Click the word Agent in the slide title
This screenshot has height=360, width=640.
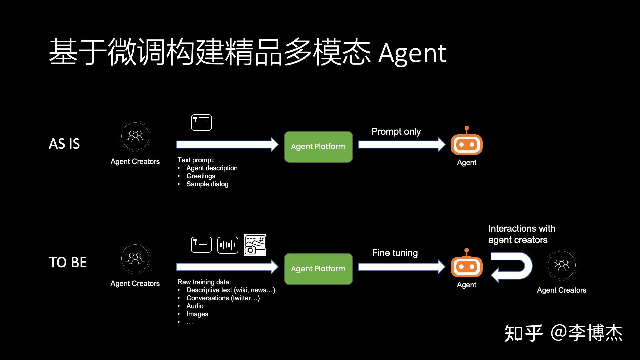click(412, 53)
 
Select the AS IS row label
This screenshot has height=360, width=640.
click(64, 144)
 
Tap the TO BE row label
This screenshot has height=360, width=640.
click(68, 262)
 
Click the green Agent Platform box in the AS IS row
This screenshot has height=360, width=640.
click(318, 147)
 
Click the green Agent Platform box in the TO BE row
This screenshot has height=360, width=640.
click(318, 269)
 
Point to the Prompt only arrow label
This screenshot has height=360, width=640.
click(396, 131)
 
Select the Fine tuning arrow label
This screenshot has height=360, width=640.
click(395, 253)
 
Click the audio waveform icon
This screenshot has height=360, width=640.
click(228, 245)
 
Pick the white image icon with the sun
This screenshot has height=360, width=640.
click(255, 245)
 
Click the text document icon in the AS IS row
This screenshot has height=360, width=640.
click(201, 122)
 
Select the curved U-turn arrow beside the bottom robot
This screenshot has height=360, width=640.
click(512, 267)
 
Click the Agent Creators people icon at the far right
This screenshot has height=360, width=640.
click(562, 265)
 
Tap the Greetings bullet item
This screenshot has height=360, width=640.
click(201, 176)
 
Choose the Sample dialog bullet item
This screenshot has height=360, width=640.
click(207, 184)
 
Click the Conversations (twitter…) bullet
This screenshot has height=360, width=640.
click(223, 298)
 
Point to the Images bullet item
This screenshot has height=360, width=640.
click(197, 314)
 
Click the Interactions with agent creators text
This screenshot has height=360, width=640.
click(521, 234)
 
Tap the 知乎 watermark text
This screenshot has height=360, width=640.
click(523, 333)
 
